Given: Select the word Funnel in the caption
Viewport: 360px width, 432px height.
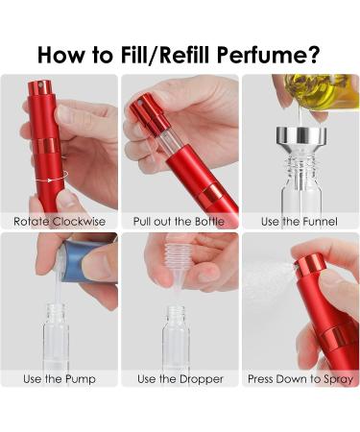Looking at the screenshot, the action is (x=320, y=222).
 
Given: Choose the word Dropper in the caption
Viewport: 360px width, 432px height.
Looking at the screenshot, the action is (x=202, y=379).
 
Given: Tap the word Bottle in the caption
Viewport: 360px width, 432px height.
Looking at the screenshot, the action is (x=209, y=222).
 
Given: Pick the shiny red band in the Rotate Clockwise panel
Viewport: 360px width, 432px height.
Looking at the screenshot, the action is (x=47, y=146).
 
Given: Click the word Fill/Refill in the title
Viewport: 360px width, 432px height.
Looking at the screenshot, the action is (x=166, y=55).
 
